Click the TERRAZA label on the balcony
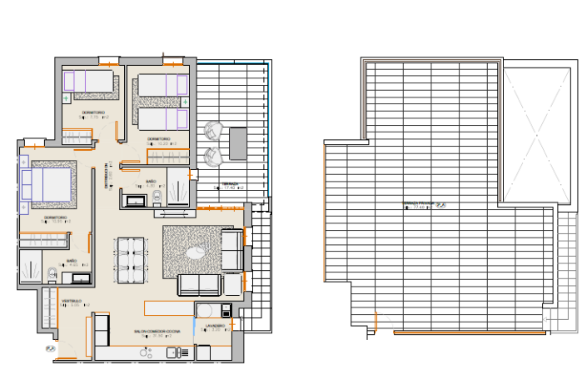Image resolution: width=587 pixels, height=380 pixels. (230, 184)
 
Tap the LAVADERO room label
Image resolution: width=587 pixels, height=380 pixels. (216, 325)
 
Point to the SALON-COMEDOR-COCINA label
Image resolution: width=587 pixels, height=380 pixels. (157, 331)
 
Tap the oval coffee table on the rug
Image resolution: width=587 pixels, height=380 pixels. (197, 252)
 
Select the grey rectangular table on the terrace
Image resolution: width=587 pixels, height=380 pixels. (238, 142)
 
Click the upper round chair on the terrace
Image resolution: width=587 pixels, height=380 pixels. (213, 131)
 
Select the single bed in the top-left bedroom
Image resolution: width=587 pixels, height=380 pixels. (91, 81)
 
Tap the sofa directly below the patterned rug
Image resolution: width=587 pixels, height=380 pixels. (199, 285)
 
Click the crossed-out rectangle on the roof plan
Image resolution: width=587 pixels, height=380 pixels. (538, 132)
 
